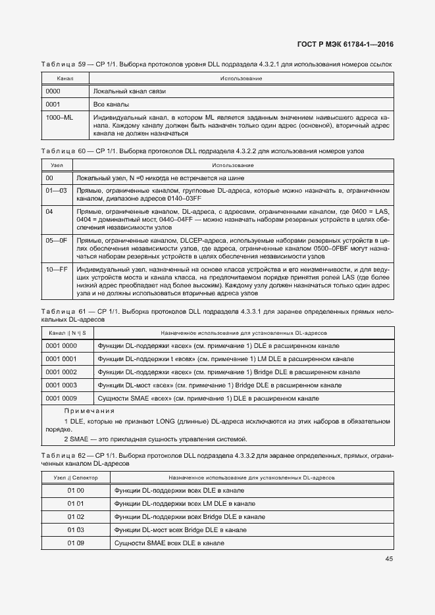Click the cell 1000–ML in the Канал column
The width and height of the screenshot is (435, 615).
[59, 116]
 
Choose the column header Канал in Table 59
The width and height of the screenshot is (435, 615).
[57, 78]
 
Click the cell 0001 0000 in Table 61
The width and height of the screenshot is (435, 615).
[61, 345]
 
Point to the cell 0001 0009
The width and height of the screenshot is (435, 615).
[61, 398]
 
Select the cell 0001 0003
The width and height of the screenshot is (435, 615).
[61, 385]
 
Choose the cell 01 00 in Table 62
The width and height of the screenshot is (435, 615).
[76, 491]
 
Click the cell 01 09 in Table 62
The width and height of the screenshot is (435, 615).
[76, 543]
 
